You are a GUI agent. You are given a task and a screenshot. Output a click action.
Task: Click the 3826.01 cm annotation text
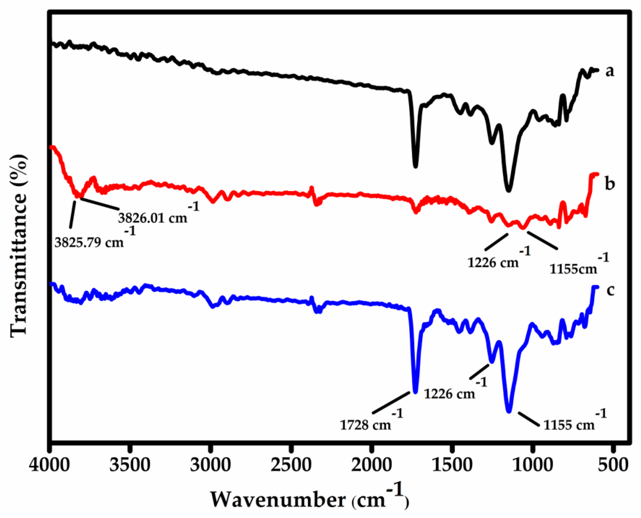[x=153, y=218]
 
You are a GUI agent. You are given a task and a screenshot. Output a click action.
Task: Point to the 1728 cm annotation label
[x=365, y=425]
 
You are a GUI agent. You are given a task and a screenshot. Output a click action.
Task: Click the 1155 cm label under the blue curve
[x=569, y=425]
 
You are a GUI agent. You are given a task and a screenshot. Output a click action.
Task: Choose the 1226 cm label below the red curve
[x=493, y=263]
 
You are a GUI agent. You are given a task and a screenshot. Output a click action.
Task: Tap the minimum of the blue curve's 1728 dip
[x=415, y=392]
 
